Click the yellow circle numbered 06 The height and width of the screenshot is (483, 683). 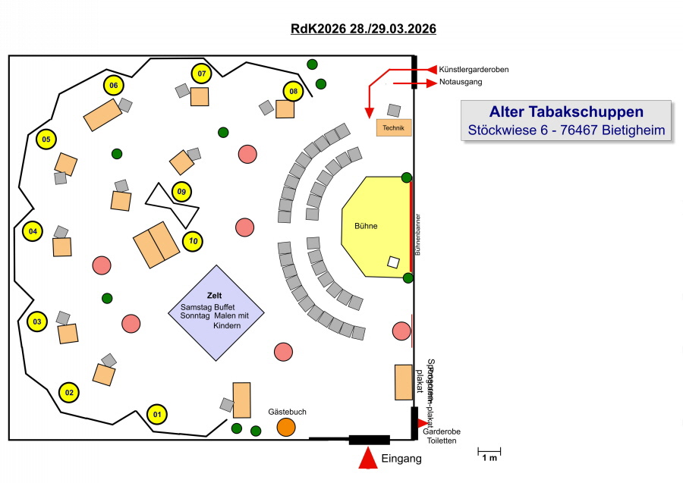pyautogui.click(x=113, y=85)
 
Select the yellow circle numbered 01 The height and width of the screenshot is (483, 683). pyautogui.click(x=156, y=414)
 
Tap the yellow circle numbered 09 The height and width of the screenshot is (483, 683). pyautogui.click(x=181, y=192)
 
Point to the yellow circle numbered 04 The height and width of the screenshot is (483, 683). pyautogui.click(x=33, y=231)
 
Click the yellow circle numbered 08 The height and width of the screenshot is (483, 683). pyautogui.click(x=294, y=91)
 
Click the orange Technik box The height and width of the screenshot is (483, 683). pyautogui.click(x=394, y=127)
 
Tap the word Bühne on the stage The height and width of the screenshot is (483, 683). pyautogui.click(x=366, y=226)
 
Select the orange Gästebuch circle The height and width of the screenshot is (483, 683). pyautogui.click(x=285, y=427)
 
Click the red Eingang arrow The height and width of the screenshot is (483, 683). pyautogui.click(x=368, y=459)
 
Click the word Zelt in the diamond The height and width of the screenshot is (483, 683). pyautogui.click(x=214, y=295)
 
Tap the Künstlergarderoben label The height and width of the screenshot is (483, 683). pyautogui.click(x=474, y=70)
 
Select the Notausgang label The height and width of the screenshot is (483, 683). pyautogui.click(x=461, y=82)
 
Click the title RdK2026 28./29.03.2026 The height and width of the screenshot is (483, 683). pyautogui.click(x=363, y=29)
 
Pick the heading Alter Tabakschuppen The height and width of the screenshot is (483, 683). pyautogui.click(x=566, y=112)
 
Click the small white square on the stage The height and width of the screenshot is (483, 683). pyautogui.click(x=393, y=262)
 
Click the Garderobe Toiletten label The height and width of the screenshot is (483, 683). pyautogui.click(x=442, y=436)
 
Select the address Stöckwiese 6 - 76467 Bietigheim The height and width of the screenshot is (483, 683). pyautogui.click(x=566, y=130)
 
